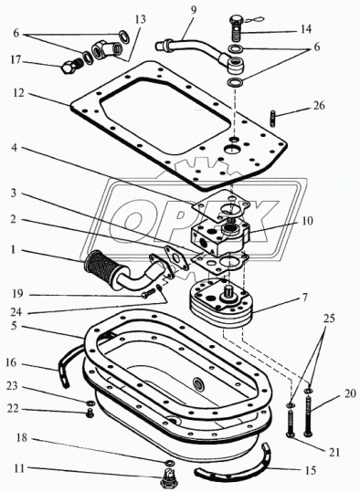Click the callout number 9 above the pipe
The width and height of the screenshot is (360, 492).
194,10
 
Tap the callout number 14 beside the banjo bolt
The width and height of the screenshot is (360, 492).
305,29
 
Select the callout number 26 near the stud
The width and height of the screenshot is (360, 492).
319,106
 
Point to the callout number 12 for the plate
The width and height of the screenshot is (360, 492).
19,93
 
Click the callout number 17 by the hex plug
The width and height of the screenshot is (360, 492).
16,59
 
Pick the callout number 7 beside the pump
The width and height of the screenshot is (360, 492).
303,297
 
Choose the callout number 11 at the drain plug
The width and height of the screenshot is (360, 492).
19,469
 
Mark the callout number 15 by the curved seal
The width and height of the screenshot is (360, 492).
310,470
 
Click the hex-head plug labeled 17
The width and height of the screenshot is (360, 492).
71,66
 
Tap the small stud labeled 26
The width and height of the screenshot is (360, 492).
272,119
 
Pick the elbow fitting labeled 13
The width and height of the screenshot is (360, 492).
106,48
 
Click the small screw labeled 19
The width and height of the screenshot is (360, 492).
148,293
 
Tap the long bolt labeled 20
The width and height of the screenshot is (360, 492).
309,415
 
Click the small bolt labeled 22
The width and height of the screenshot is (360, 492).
90,413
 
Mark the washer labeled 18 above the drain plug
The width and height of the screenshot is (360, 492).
170,462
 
